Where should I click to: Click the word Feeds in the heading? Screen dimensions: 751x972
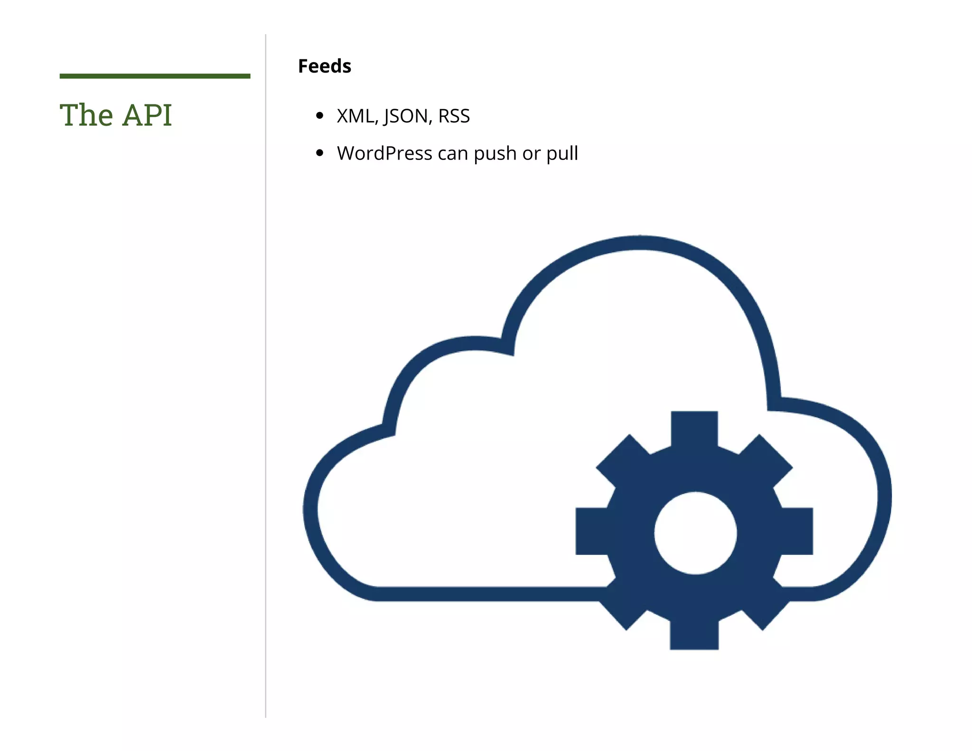tap(325, 66)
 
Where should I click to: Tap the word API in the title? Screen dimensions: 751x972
tap(147, 115)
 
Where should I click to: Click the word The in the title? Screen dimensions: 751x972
tap(86, 115)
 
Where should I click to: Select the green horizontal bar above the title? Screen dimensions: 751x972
tap(155, 76)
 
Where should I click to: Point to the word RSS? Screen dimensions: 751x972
tap(454, 116)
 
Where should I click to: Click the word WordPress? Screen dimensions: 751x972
tap(384, 153)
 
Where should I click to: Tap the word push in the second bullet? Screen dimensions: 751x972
tap(495, 153)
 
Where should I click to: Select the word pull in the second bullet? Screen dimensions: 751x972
tap(562, 153)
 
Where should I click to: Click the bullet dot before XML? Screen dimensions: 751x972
tap(319, 115)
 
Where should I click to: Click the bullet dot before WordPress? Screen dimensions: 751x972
tap(319, 153)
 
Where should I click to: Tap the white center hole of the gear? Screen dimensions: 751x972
tap(695, 533)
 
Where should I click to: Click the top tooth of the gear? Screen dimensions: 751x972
tap(694, 427)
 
